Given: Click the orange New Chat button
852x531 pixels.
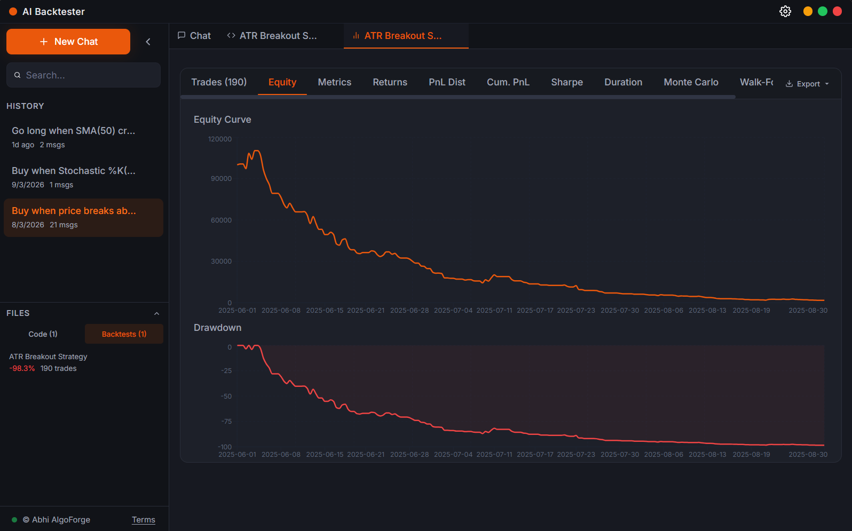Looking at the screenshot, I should tap(68, 42).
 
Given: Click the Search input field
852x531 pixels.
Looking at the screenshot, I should tap(85, 75).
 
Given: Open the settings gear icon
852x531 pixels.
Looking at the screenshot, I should tap(785, 11).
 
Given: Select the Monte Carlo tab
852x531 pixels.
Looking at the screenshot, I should tap(691, 82).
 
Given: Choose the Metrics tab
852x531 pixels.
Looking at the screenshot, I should tap(334, 82).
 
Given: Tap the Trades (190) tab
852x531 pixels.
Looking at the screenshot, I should tap(219, 82).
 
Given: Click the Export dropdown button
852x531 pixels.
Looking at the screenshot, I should tap(807, 84).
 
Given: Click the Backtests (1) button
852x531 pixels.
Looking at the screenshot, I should tap(124, 334).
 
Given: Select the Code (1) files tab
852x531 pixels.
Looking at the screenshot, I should tap(43, 334).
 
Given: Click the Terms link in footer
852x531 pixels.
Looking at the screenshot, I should tap(144, 520).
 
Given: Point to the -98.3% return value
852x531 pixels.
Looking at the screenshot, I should tap(22, 369).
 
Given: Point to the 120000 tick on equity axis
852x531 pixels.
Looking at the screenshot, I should tap(220, 139).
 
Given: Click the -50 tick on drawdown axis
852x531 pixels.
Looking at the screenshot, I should tap(226, 397).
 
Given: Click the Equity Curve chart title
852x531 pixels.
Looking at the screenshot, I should tap(222, 120).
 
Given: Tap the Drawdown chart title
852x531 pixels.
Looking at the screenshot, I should tap(217, 328).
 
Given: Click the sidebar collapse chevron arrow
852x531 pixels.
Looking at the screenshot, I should tap(148, 42).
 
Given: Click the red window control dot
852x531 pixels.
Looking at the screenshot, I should tap(837, 11).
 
